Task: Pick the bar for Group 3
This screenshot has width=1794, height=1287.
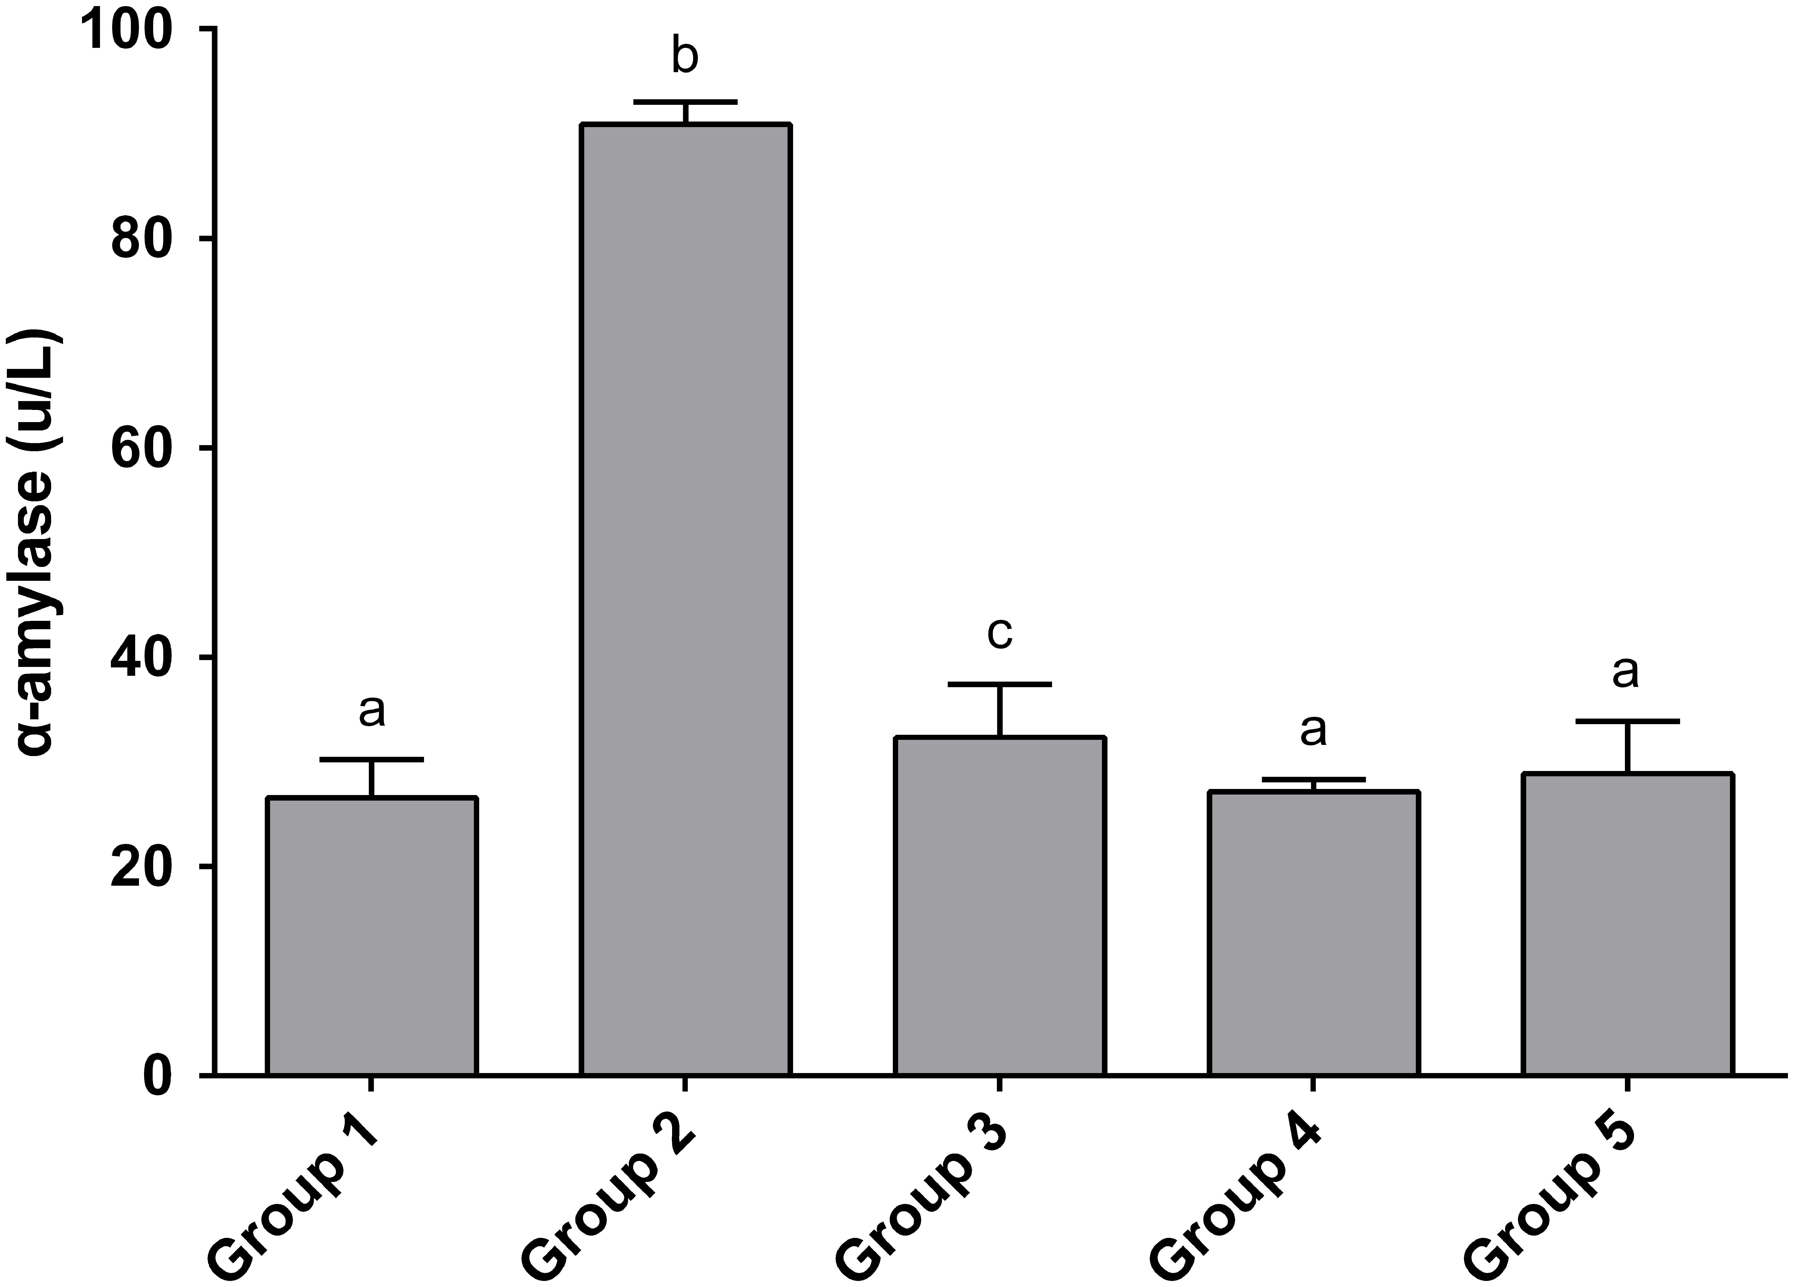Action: point(1000,906)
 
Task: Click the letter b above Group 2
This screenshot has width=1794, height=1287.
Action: point(685,57)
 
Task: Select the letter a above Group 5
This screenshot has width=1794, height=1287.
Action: point(1625,672)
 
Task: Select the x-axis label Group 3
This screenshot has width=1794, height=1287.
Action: point(921,1194)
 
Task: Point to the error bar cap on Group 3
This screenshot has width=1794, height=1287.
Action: point(1000,683)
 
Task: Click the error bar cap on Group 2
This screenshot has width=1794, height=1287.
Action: point(685,102)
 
